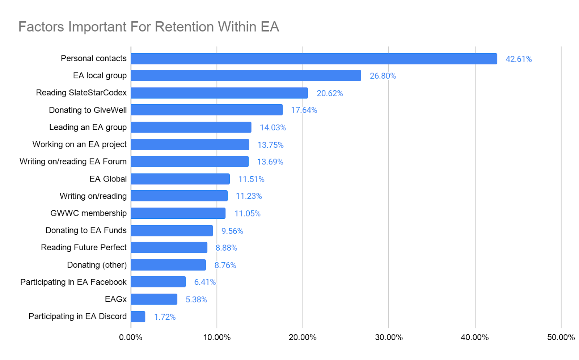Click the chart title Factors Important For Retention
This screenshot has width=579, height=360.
[148, 27]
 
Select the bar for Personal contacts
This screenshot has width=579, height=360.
[314, 59]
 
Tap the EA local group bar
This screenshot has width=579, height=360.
[246, 76]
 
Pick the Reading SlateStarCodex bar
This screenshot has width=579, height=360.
[219, 93]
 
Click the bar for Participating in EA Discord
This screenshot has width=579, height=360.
[138, 317]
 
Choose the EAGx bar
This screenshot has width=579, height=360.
[154, 299]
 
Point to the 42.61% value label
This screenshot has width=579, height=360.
[518, 59]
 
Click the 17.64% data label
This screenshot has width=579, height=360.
[304, 110]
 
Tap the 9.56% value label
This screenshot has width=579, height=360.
[232, 231]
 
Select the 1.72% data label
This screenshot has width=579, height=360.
[165, 317]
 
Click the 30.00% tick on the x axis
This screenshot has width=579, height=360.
[389, 338]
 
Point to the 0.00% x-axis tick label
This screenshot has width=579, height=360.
[131, 338]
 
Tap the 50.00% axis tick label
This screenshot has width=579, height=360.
[561, 338]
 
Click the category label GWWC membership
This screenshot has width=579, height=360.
[88, 213]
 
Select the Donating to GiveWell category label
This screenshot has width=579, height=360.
[88, 110]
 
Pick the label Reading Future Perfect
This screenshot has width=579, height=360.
[84, 248]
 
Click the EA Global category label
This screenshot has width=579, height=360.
[108, 179]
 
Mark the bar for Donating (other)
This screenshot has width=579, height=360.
[168, 265]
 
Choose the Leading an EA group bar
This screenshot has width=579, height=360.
[191, 127]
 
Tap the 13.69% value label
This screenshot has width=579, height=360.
[270, 162]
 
